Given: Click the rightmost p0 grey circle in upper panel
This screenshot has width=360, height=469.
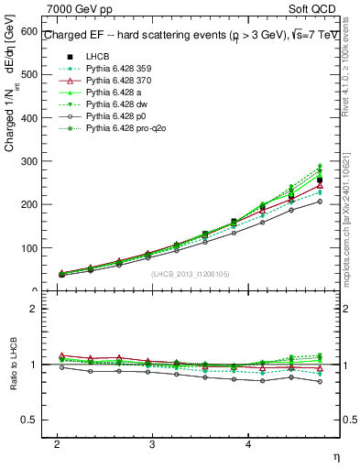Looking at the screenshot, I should pos(320,202).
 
